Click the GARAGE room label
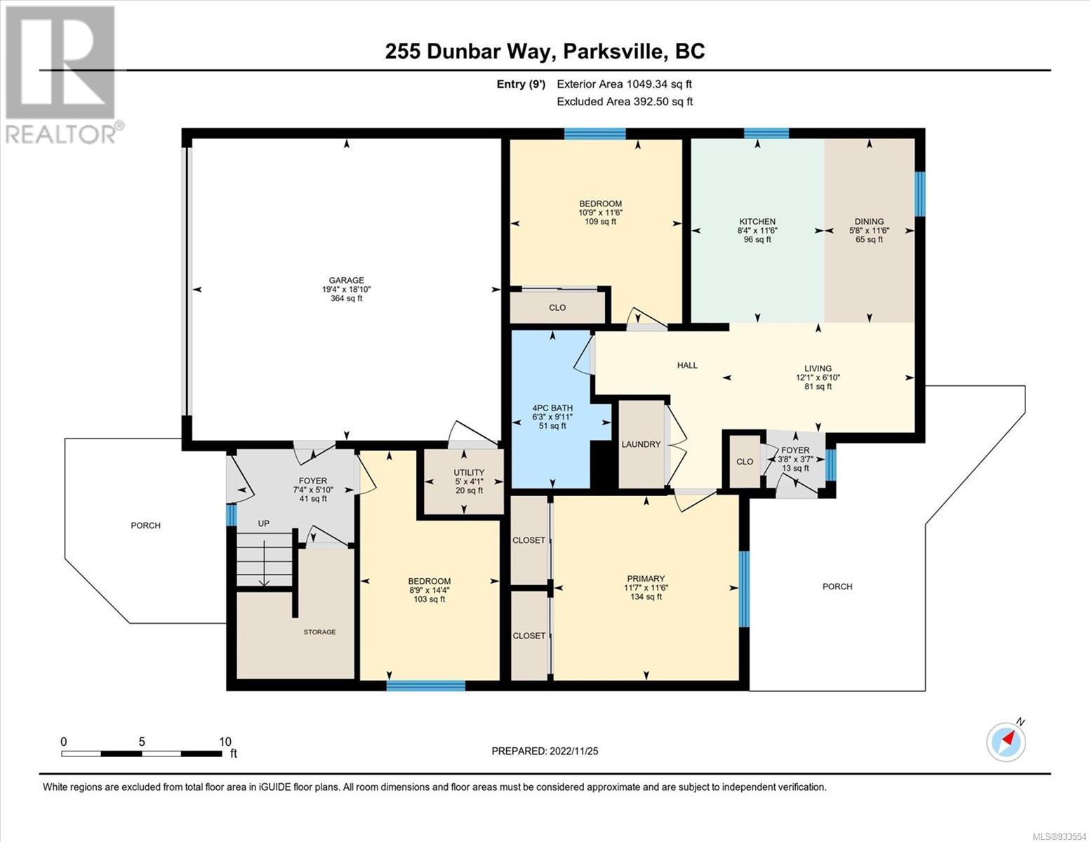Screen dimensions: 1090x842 tap(346, 281)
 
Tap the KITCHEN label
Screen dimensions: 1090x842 tap(757, 222)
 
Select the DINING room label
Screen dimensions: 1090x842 tap(870, 222)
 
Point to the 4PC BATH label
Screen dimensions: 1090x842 tap(552, 408)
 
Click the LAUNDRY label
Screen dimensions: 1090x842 tap(641, 444)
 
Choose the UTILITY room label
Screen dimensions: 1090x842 tap(469, 472)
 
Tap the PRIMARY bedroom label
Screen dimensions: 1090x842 tap(646, 579)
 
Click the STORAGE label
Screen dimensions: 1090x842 tap(319, 632)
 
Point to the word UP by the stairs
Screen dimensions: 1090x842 tap(263, 523)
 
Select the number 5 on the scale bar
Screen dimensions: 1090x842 tap(142, 742)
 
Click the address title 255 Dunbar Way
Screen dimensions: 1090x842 tap(466, 51)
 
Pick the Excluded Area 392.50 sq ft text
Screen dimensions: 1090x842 tap(625, 101)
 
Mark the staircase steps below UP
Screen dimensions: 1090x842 tap(265, 559)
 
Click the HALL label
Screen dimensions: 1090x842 tap(687, 366)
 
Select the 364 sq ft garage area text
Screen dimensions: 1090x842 tap(346, 298)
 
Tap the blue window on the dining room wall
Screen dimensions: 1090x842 tap(919, 194)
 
